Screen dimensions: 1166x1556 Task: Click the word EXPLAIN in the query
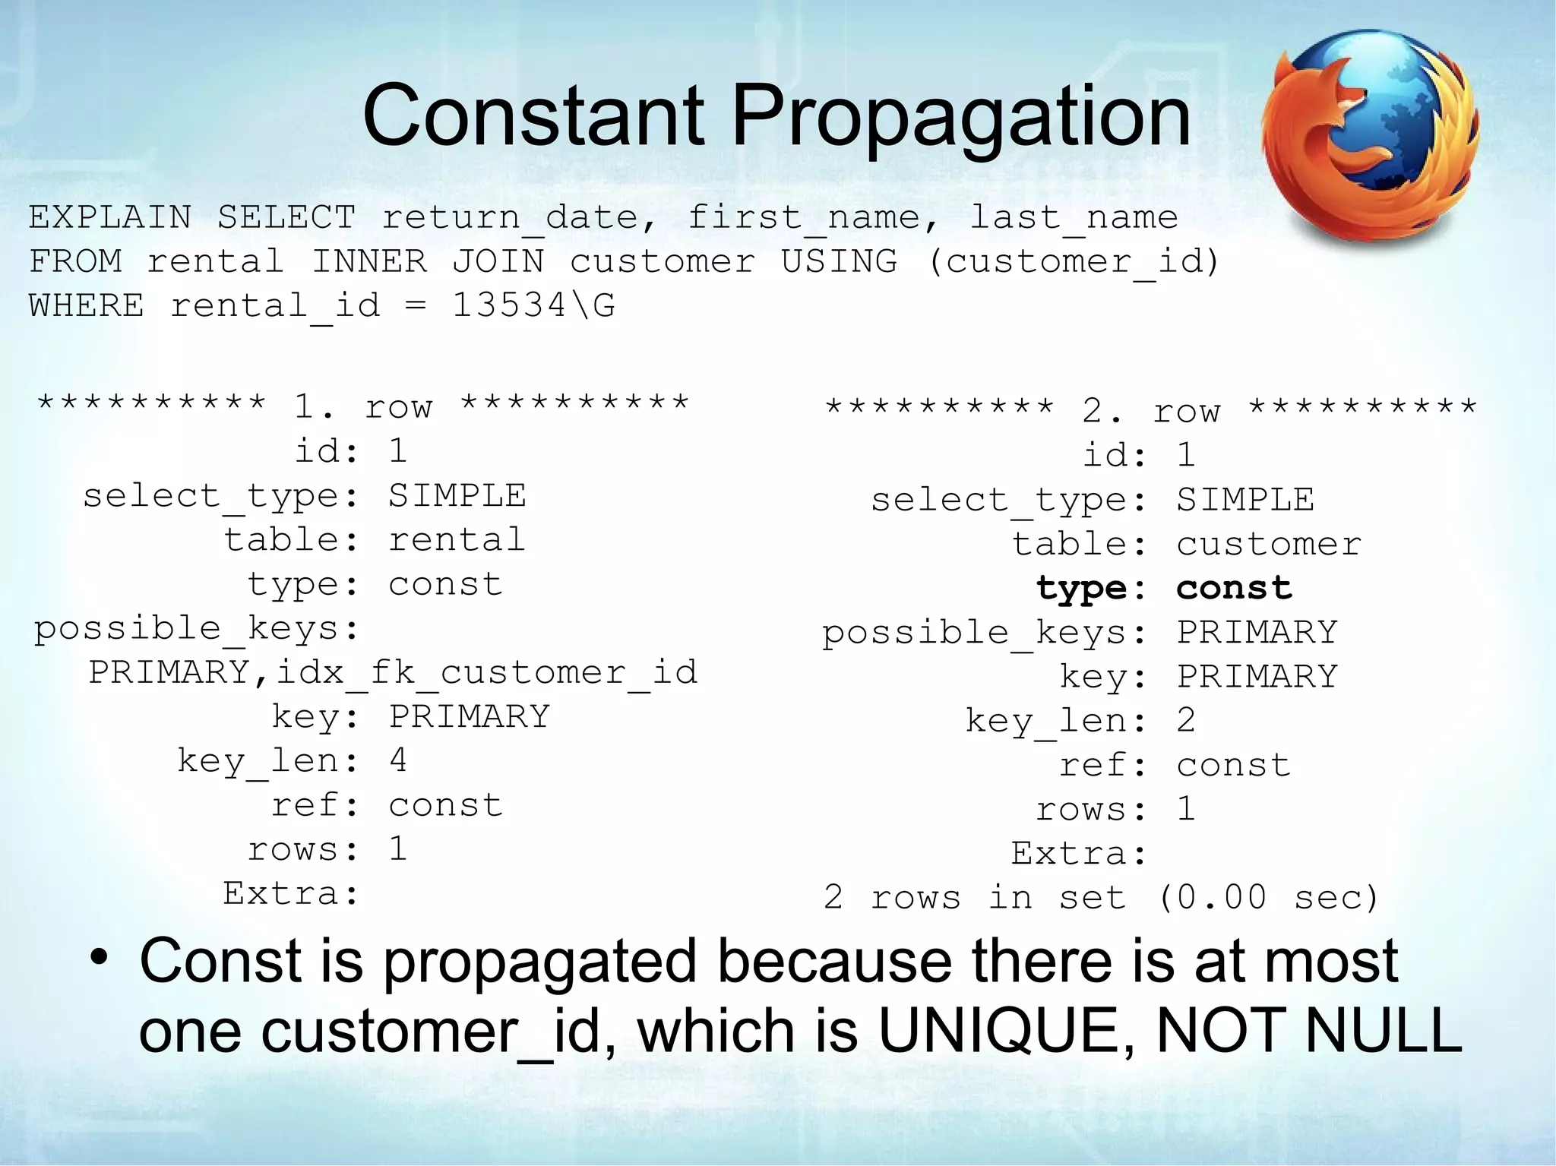[109, 217]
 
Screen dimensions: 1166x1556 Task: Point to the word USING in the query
[839, 261]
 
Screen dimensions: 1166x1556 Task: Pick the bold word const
[1234, 588]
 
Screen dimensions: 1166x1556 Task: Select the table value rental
[457, 539]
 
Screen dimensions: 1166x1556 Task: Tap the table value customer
[1269, 544]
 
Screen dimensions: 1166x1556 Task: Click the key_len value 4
[398, 760]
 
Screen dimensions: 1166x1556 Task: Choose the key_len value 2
[1186, 720]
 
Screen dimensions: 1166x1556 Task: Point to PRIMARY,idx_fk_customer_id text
[393, 672]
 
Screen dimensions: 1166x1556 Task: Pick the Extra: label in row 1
[291, 893]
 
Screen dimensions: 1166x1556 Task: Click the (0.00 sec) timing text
[1267, 898]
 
